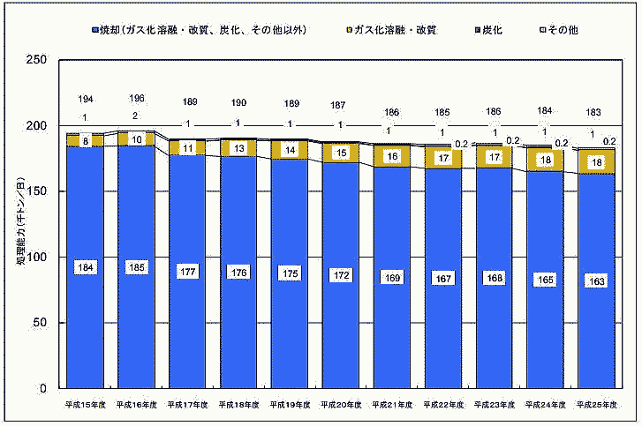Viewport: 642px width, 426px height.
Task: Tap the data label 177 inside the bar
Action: [x=187, y=268]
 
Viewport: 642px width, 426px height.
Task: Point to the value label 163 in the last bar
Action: [x=596, y=281]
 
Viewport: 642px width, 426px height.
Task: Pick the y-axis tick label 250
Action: [x=37, y=61]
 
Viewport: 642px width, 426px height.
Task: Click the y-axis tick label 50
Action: [x=41, y=323]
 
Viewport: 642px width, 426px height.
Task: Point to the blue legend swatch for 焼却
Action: [x=94, y=30]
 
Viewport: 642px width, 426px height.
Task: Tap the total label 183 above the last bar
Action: [x=596, y=113]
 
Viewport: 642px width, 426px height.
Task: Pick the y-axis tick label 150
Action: [x=37, y=191]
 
